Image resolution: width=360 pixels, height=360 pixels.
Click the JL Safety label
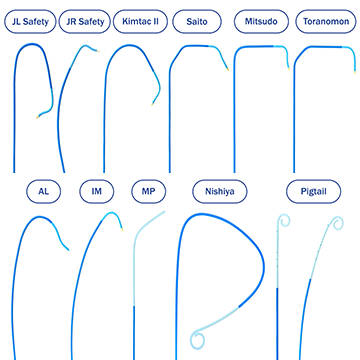pos(30,22)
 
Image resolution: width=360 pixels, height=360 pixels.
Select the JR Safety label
pos(85,22)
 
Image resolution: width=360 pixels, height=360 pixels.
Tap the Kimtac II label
pos(140,22)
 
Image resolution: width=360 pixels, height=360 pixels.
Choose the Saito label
pos(197,22)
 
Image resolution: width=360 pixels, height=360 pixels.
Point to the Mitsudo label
pos(261,22)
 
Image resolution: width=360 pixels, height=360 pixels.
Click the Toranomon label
pos(326,22)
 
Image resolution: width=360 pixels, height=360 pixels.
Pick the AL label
pos(44,192)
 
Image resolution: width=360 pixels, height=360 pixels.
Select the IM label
pos(97,192)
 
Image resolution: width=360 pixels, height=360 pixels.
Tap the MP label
pos(149,192)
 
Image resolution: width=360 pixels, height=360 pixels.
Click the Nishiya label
pos(220,192)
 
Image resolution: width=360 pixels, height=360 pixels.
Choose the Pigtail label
pos(314,192)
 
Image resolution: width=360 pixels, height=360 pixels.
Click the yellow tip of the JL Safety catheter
pos(38,117)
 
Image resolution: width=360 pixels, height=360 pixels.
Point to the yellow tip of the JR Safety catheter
pos(98,51)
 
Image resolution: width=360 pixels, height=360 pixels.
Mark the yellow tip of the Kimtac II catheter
pos(152,104)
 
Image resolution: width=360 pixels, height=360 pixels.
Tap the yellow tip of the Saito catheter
pos(228,70)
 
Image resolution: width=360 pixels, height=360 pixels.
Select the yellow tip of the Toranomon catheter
pos(355,72)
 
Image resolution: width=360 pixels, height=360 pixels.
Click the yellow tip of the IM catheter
pos(122,230)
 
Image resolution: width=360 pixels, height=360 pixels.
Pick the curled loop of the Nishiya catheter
pos(198,339)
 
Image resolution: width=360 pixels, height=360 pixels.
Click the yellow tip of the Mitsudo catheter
pos(289,69)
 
